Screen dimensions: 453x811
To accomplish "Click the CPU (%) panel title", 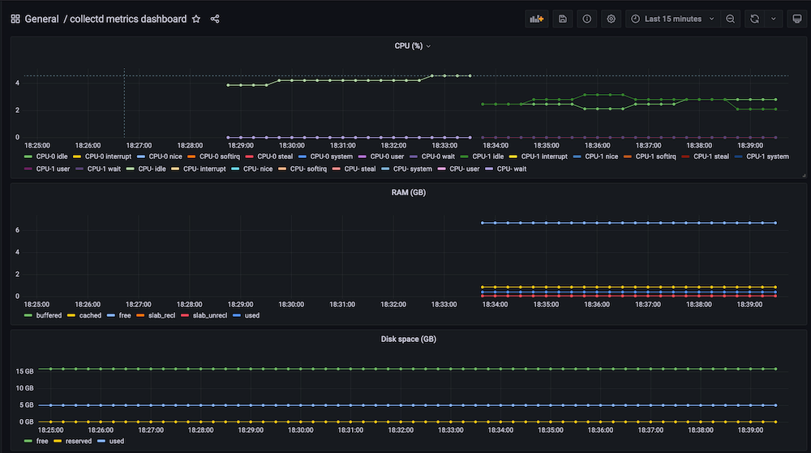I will point(409,46).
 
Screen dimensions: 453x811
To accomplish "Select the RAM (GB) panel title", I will point(409,193).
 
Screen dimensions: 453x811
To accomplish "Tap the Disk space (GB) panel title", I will point(409,339).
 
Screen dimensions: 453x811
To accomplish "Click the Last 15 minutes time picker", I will point(672,19).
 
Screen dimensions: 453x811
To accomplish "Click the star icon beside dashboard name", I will point(196,19).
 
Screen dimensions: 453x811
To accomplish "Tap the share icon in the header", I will point(215,19).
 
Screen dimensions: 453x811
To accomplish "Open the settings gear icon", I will point(611,19).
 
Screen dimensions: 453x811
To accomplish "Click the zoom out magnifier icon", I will point(731,19).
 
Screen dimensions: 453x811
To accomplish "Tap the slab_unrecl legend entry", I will point(203,314).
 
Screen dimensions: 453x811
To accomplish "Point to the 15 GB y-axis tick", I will point(24,370).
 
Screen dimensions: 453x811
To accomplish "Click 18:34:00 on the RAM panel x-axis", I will point(495,305).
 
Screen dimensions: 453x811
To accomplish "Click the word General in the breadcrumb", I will point(41,19).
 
